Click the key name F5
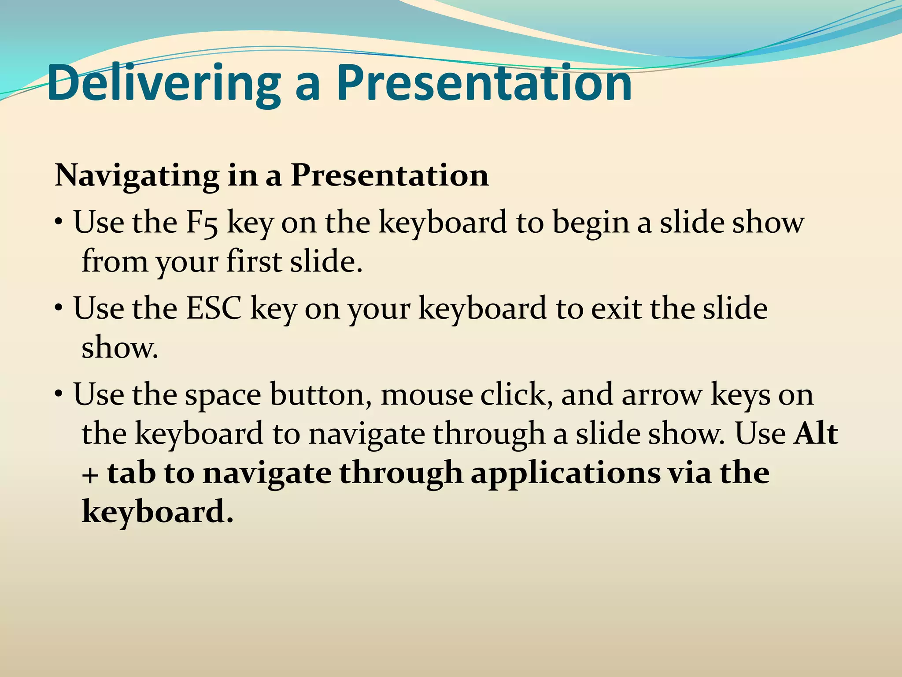(x=202, y=223)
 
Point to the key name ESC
(x=214, y=309)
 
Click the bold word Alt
(x=816, y=434)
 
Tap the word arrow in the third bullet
(x=662, y=395)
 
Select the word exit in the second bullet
(x=616, y=309)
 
